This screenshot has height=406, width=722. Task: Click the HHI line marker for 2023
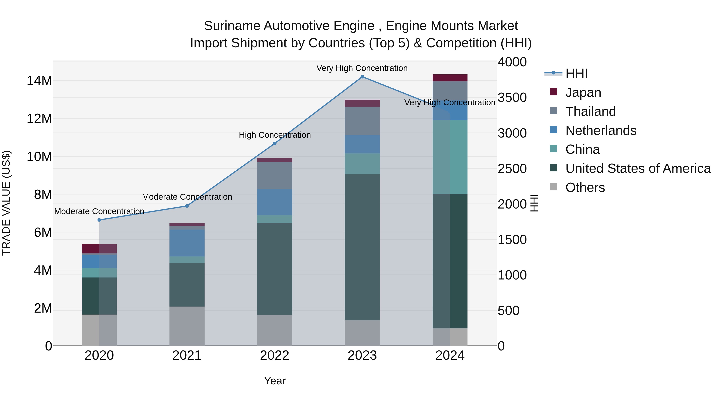362,77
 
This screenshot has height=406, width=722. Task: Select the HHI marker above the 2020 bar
99,220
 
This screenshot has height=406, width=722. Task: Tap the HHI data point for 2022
275,144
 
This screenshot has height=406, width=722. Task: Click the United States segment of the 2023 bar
362,247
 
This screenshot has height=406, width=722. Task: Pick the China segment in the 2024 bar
450,157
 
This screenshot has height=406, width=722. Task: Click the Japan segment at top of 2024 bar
450,78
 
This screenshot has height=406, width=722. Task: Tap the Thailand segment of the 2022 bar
275,175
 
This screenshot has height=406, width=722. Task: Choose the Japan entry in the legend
583,92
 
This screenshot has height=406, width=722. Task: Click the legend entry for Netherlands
601,131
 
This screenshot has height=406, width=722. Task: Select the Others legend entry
585,187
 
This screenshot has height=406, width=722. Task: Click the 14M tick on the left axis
39,81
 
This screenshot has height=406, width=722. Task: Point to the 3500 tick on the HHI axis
512,97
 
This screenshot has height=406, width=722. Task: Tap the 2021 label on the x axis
187,355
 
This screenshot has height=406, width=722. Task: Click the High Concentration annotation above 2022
275,135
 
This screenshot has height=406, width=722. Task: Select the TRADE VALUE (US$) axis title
6,203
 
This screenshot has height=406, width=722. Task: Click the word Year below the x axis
275,381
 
